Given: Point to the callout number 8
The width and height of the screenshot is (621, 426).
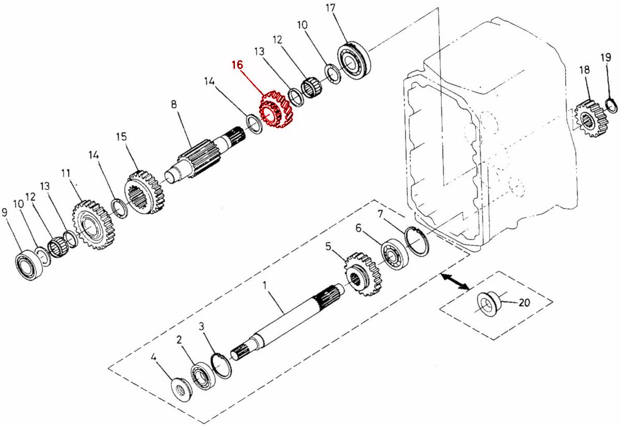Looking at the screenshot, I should click(x=174, y=105).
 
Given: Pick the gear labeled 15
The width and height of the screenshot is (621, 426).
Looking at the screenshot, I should click(x=145, y=194).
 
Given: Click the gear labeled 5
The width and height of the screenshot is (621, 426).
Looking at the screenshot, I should click(x=362, y=274).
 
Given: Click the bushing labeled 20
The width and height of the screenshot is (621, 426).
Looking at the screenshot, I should click(x=487, y=304).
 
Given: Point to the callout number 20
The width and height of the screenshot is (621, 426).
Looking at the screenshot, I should click(x=524, y=303).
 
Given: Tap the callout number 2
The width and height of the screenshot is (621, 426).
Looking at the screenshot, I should click(x=179, y=340).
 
